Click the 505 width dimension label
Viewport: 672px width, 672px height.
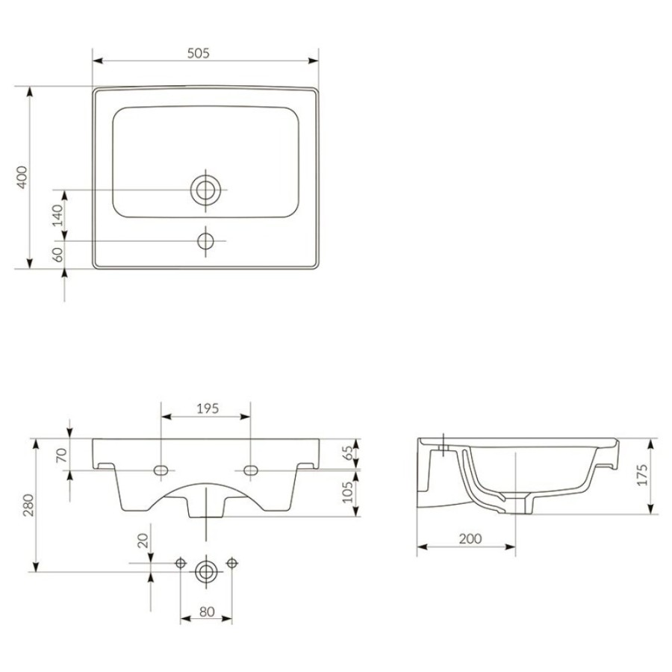(x=199, y=53)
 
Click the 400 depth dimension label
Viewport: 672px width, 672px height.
(x=22, y=177)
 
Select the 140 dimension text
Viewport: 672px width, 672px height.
(x=57, y=216)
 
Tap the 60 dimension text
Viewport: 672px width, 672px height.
(x=57, y=255)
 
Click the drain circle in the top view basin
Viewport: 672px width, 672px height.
(x=206, y=190)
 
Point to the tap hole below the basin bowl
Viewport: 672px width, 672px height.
(x=206, y=241)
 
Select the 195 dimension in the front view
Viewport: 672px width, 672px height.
(x=208, y=408)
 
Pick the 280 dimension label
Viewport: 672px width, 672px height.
(x=28, y=505)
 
